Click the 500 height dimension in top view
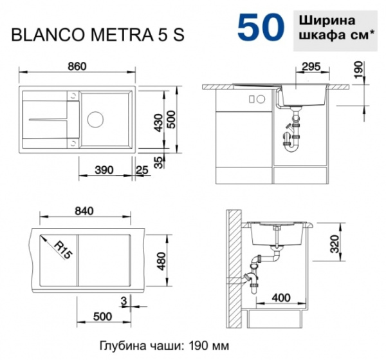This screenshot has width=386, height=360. click(171, 120)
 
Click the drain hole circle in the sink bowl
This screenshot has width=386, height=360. click(96, 119)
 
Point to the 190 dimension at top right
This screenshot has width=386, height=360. click(358, 68)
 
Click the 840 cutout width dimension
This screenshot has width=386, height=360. click(84, 211)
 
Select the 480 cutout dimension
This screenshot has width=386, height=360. click(161, 260)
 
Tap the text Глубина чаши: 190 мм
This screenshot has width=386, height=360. click(164, 345)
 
